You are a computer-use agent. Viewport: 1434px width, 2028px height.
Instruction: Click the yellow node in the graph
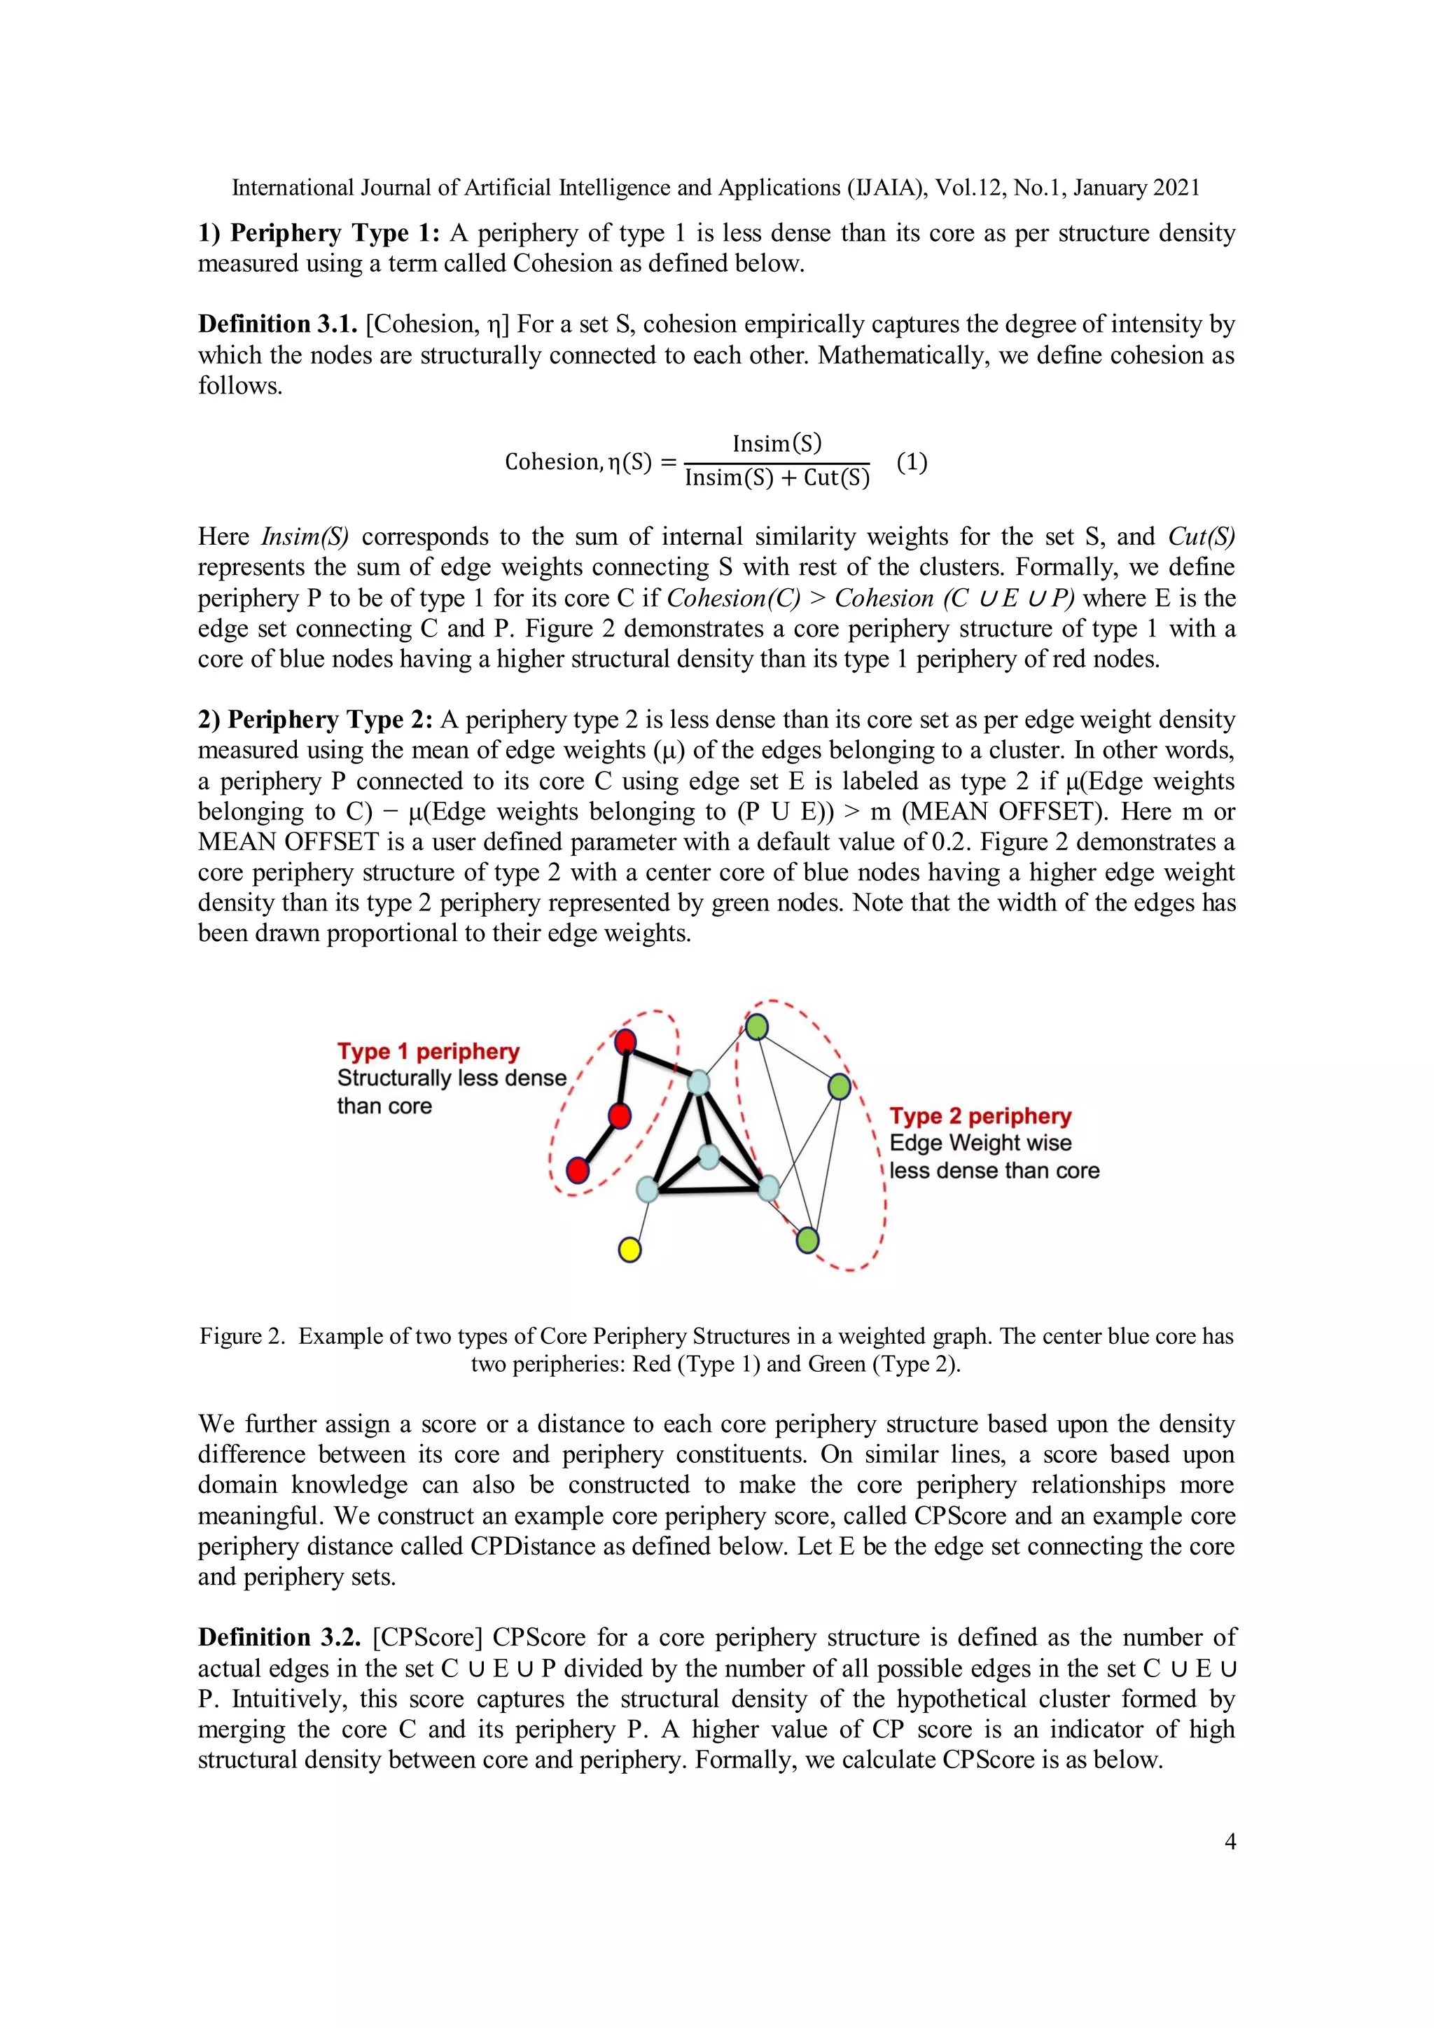click(629, 1249)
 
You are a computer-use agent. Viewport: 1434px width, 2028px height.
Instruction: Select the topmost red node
click(625, 1041)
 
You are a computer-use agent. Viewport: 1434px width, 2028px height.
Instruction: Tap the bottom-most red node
click(578, 1170)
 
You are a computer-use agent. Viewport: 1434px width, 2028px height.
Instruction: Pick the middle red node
click(620, 1116)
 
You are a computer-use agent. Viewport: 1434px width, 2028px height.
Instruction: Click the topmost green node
click(757, 1027)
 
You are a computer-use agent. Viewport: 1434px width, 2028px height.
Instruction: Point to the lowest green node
click(807, 1240)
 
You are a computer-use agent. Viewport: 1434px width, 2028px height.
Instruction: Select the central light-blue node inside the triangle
click(708, 1155)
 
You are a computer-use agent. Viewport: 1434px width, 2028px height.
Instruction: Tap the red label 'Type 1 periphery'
click(429, 1051)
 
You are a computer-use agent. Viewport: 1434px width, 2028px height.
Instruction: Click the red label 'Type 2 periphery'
click(980, 1116)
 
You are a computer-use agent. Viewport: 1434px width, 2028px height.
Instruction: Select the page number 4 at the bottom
click(1230, 1842)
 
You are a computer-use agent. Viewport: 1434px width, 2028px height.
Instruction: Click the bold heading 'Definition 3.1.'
click(277, 324)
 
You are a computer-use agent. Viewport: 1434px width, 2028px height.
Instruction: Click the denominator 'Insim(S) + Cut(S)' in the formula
click(777, 478)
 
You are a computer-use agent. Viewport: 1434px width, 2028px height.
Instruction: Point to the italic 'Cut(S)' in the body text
click(1201, 536)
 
